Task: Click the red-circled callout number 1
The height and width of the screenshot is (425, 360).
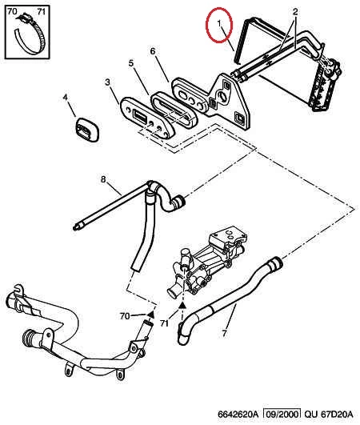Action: pos(219,24)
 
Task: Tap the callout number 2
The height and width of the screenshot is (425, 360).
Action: pos(295,11)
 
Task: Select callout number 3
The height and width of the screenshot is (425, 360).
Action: pos(107,82)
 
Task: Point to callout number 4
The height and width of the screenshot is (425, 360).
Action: pos(66,98)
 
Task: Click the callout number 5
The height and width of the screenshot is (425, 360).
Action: pos(131,63)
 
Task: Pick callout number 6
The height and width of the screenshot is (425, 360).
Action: pos(153,51)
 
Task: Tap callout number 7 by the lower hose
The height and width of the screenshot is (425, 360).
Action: pos(224,333)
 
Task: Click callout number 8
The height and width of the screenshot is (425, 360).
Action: pos(103,179)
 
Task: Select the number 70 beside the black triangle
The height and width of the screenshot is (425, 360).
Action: pos(125,316)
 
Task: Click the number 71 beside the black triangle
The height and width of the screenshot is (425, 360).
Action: pos(164,323)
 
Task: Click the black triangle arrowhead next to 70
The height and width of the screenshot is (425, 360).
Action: pos(150,315)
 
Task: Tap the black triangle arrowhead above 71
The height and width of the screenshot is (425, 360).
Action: pos(182,306)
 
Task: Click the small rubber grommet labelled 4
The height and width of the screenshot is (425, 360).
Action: pos(87,130)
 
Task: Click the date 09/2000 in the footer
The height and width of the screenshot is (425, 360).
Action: pos(282,414)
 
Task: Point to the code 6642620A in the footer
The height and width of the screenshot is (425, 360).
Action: pos(238,414)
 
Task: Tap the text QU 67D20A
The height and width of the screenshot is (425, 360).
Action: pos(329,414)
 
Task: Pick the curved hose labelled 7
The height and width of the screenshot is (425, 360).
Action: pos(230,300)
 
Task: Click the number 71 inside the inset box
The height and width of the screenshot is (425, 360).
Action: pos(41,12)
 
